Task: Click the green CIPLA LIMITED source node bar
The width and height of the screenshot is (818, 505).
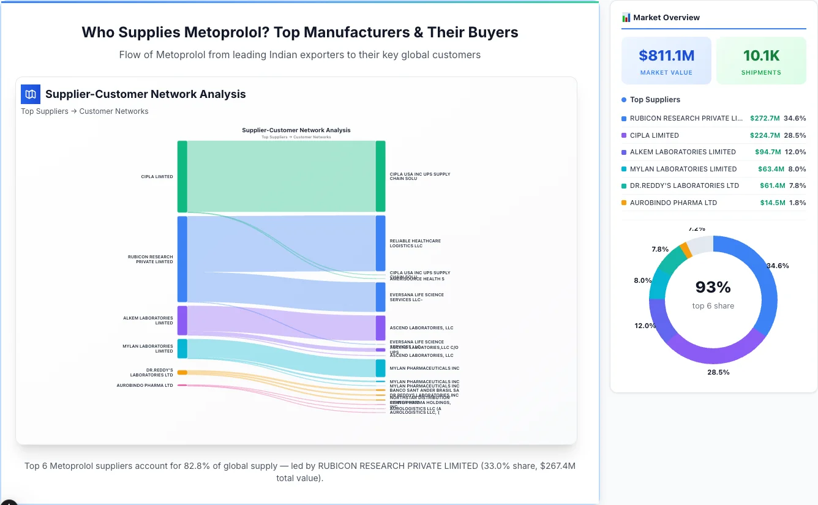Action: (x=182, y=176)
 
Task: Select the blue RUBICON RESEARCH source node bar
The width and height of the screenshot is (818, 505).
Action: (x=182, y=259)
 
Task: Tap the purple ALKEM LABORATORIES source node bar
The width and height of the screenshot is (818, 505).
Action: (x=182, y=321)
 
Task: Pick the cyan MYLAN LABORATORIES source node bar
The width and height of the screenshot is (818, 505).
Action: (x=182, y=348)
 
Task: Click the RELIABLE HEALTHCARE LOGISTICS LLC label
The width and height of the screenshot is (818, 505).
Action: (x=415, y=243)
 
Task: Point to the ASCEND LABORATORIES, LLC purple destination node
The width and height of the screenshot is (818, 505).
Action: (x=380, y=327)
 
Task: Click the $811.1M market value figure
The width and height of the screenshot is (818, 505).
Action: (x=666, y=56)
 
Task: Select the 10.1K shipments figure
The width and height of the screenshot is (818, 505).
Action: (x=761, y=56)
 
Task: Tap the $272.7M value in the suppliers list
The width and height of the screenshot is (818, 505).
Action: (x=765, y=118)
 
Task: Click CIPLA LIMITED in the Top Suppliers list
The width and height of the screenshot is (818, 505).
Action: (x=654, y=135)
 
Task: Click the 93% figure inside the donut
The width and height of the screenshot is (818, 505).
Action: (x=713, y=286)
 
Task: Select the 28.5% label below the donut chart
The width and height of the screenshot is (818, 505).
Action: (x=718, y=372)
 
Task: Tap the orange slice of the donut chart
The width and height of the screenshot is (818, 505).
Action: (x=686, y=249)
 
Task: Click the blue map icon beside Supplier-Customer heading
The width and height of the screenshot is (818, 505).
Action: (x=30, y=94)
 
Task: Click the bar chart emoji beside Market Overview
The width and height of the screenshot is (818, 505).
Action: (x=626, y=18)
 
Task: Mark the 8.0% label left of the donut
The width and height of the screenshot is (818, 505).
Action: (x=642, y=280)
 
